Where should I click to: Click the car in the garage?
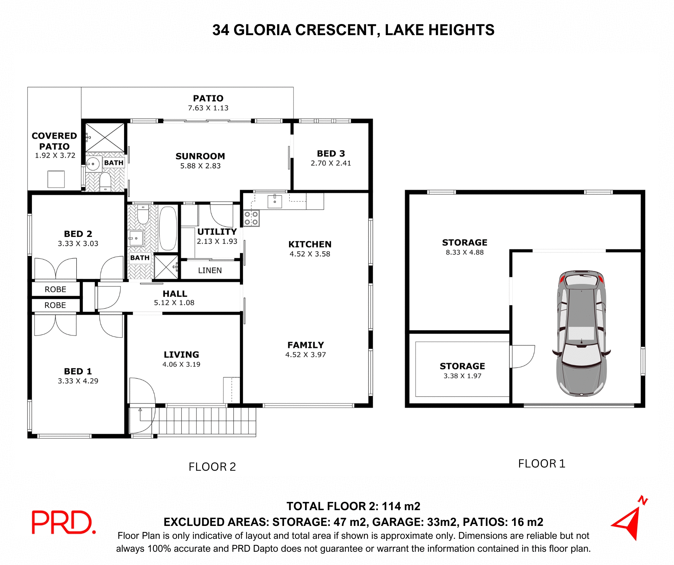pos(582,333)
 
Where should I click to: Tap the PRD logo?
pos(63,522)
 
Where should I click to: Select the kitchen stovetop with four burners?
pos(251,218)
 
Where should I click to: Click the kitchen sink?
pos(275,201)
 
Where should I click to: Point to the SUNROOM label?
pos(200,156)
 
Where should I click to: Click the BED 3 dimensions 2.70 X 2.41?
pos(331,163)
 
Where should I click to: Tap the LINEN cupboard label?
pos(210,270)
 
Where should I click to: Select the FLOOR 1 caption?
pos(541,464)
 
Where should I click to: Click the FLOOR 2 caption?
pos(212,467)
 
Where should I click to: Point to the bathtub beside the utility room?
pos(167,228)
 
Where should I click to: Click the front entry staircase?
pos(204,421)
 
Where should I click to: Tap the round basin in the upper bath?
pos(93,164)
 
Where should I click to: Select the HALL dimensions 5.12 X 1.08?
pos(174,303)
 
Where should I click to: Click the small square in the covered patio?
pos(56,179)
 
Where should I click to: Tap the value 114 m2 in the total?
pos(400,506)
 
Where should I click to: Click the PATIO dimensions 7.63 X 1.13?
pos(208,108)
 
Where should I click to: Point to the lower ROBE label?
pos(55,305)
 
